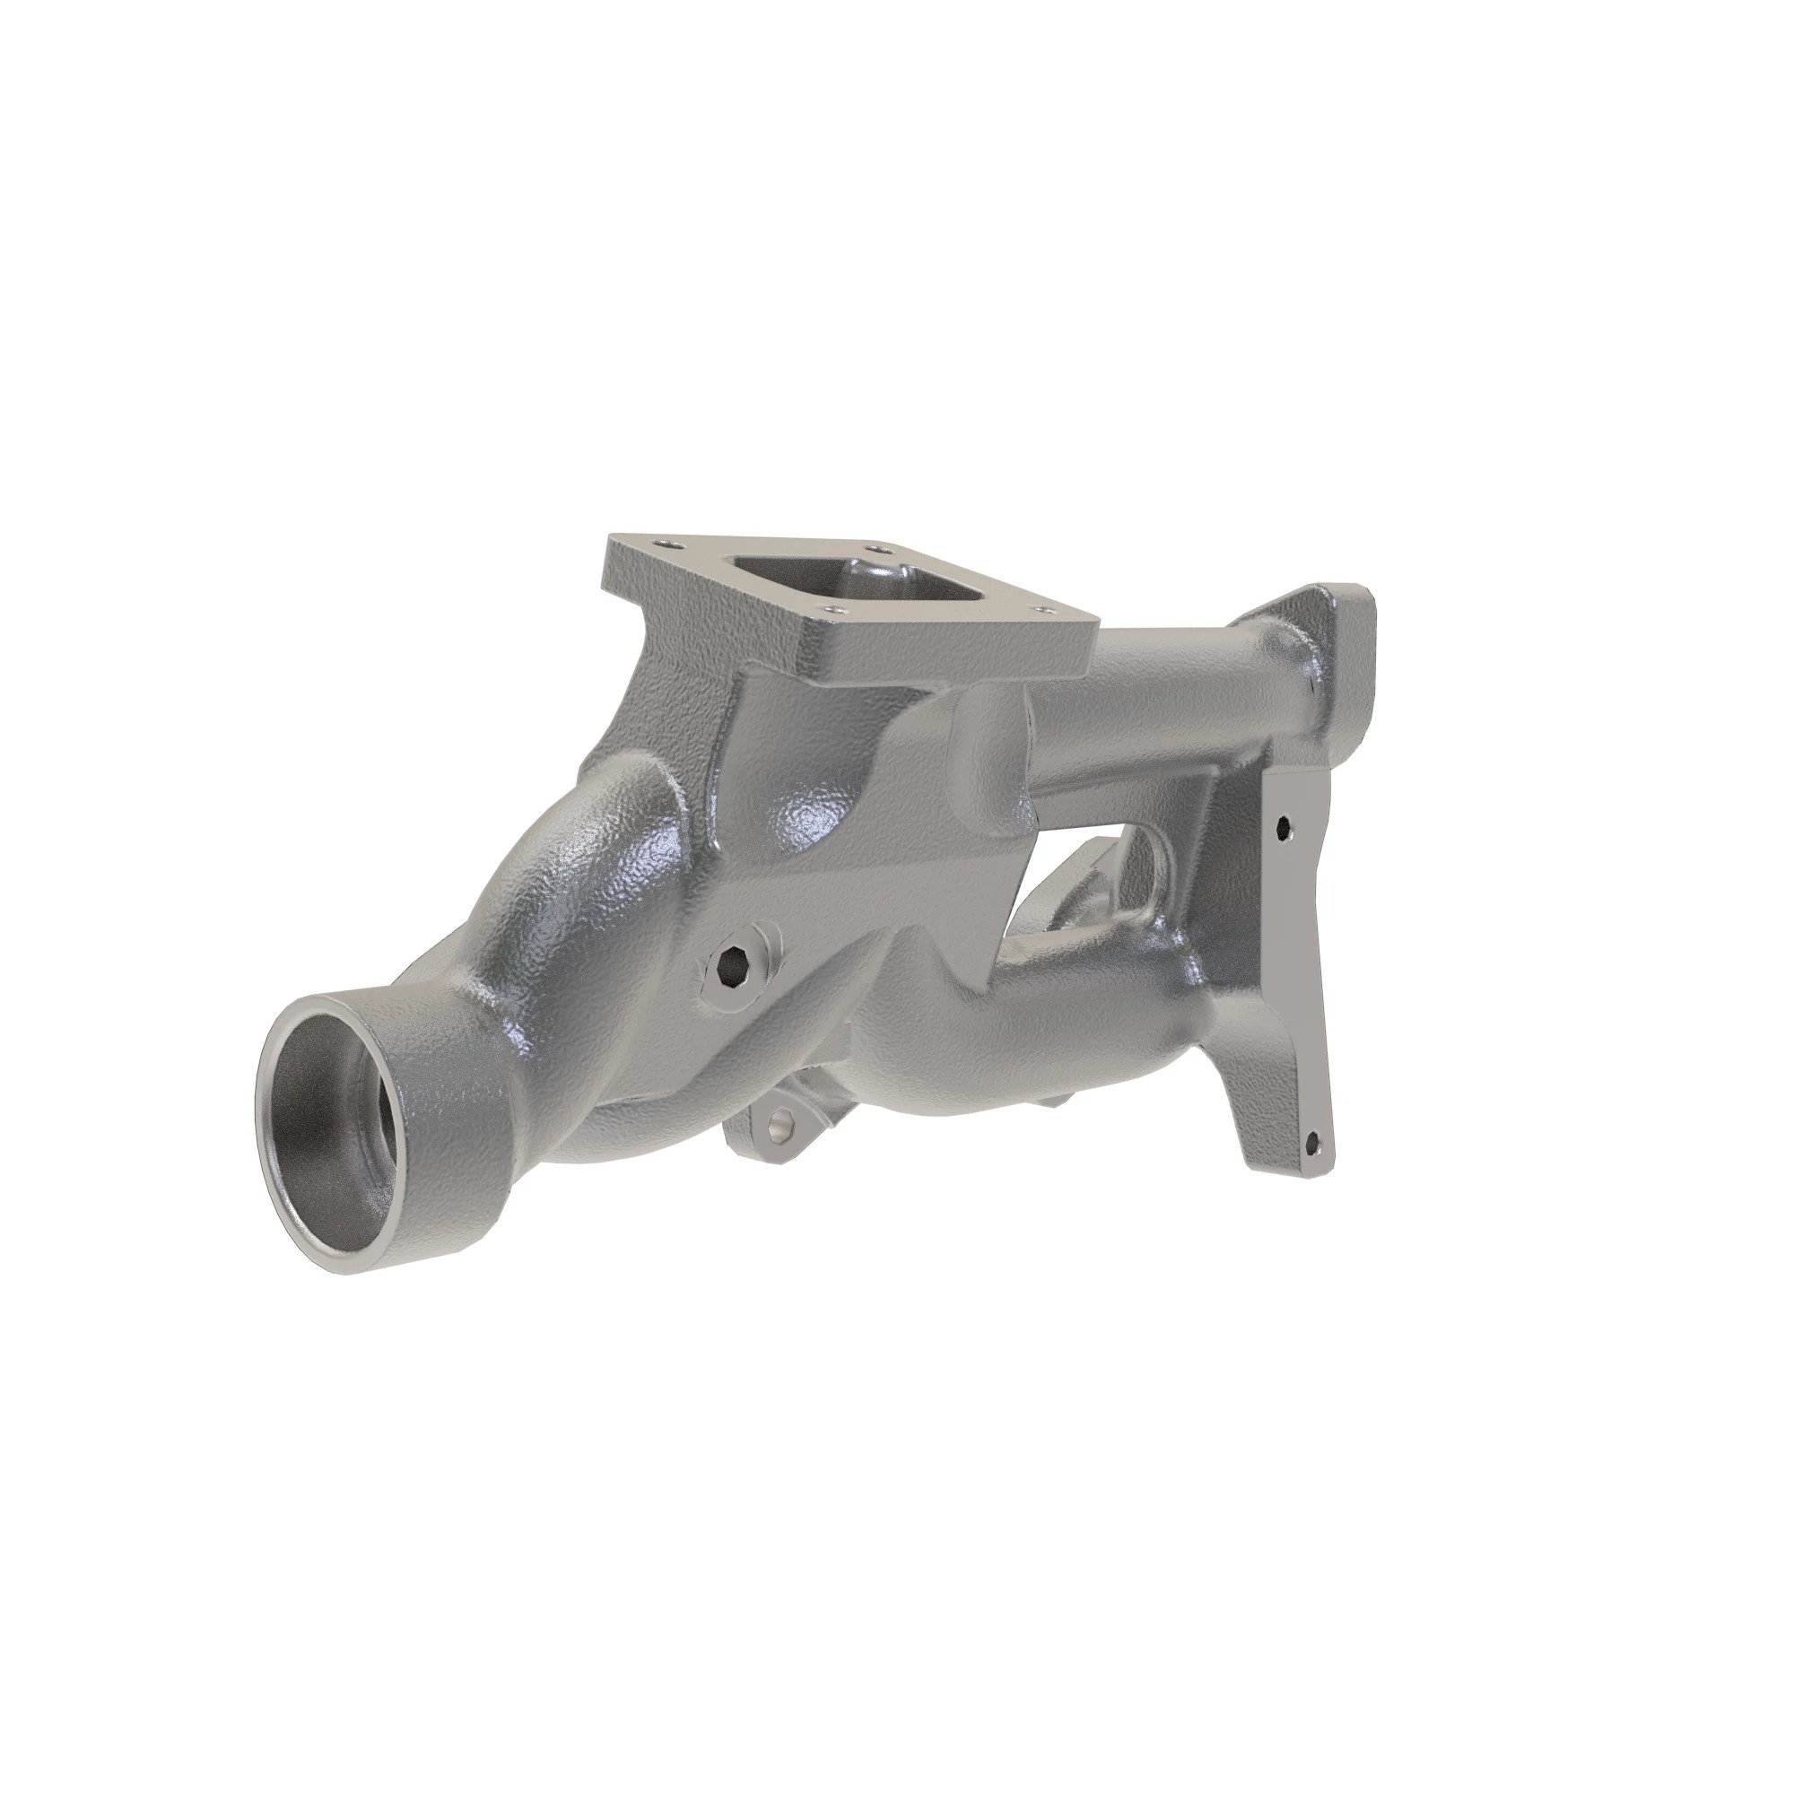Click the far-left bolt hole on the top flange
(x=661, y=543)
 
